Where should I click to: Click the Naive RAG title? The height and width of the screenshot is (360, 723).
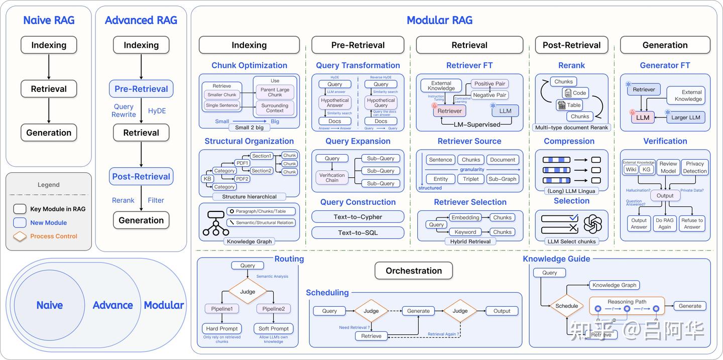tap(49, 21)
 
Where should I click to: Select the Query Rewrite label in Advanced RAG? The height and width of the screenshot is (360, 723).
tap(124, 110)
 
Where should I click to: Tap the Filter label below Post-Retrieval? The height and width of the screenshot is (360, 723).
tap(156, 200)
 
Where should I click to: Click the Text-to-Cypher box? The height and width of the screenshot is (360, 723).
tap(357, 217)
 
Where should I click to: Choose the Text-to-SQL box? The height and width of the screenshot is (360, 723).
tap(357, 232)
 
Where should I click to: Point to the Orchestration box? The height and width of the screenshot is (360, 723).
tap(413, 271)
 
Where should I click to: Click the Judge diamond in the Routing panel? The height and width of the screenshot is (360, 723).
tap(248, 292)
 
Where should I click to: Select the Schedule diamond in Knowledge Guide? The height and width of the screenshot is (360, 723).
tap(567, 306)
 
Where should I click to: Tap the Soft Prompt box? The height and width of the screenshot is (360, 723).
tap(274, 329)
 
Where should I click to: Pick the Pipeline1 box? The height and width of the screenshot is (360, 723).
tap(221, 309)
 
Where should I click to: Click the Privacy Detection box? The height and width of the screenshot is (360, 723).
tap(695, 167)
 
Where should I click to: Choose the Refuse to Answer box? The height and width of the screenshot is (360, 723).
tap(692, 223)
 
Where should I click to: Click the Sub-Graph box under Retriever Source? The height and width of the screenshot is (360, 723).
tap(502, 179)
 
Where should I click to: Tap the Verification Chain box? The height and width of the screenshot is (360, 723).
tap(332, 177)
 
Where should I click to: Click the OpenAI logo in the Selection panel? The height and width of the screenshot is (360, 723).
tap(592, 223)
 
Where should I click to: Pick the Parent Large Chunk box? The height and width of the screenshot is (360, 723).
tap(275, 92)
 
